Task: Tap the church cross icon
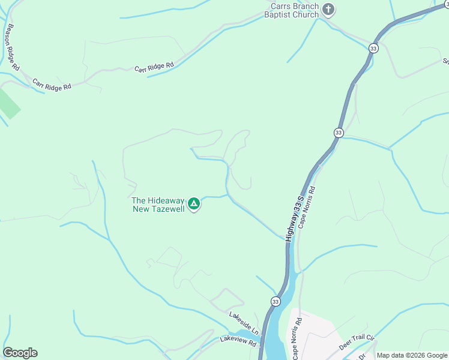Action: click(x=328, y=9)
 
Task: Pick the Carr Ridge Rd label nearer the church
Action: click(x=154, y=67)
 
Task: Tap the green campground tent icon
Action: click(x=194, y=205)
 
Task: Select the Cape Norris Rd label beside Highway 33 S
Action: click(x=307, y=207)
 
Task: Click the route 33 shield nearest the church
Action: click(x=374, y=48)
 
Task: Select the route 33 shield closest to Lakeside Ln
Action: click(x=275, y=301)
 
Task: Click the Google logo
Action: click(x=20, y=353)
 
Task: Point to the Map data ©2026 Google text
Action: click(x=412, y=355)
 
